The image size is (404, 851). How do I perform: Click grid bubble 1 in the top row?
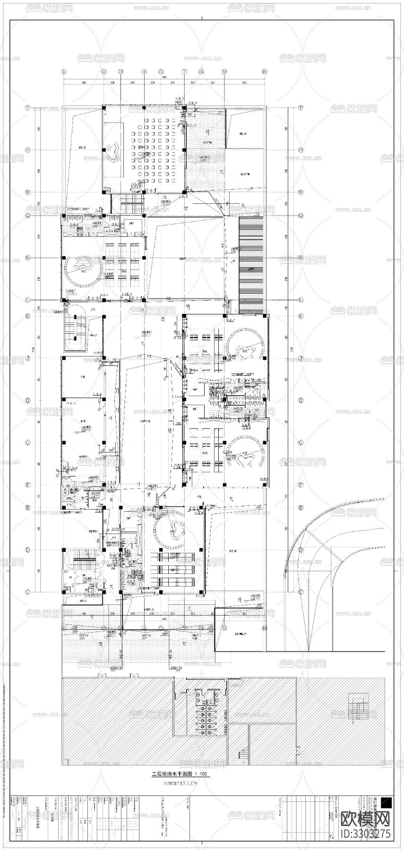(x=64, y=71)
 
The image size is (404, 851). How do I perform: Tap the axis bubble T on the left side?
(x=28, y=108)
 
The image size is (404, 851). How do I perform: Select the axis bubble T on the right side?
(x=301, y=108)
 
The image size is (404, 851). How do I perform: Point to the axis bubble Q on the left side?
(x=28, y=215)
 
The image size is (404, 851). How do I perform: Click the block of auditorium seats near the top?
(x=154, y=149)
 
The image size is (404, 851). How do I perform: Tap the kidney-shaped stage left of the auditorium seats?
(x=112, y=151)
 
